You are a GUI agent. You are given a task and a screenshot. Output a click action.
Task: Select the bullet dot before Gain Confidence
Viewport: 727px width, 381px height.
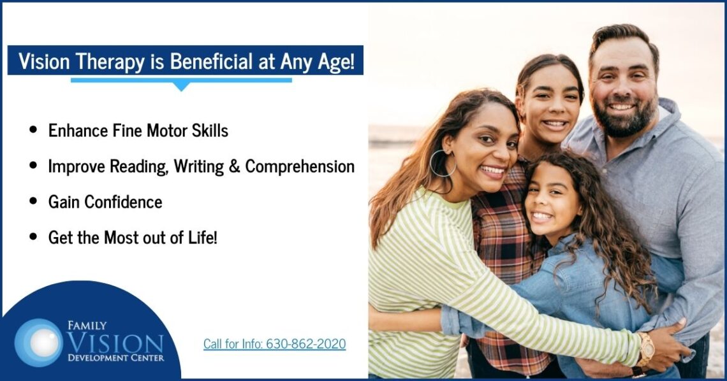pos(33,202)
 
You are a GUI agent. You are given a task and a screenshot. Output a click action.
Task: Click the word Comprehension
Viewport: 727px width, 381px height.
pos(300,166)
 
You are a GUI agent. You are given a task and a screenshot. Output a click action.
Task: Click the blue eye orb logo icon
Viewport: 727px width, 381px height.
pos(38,341)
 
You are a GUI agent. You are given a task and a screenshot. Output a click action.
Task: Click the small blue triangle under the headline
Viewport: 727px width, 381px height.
pos(182,85)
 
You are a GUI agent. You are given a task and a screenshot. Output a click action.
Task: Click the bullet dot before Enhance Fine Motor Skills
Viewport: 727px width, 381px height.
pos(33,131)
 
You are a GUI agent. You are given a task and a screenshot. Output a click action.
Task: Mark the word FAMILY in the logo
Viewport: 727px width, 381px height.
pos(87,326)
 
